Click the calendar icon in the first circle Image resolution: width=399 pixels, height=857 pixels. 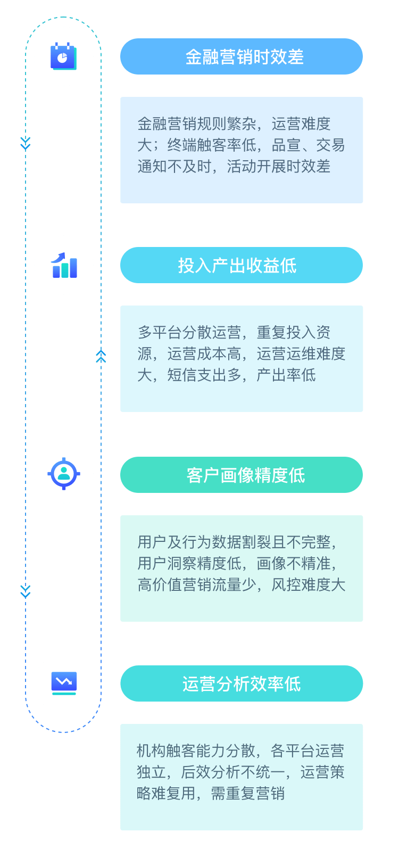(x=63, y=56)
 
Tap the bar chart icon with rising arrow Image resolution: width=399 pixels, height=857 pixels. (x=64, y=265)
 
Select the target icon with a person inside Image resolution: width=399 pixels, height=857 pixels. (x=64, y=473)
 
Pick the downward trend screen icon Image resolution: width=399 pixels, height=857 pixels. (x=64, y=683)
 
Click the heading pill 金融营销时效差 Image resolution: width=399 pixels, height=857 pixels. (x=242, y=56)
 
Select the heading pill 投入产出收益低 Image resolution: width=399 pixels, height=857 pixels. (x=242, y=265)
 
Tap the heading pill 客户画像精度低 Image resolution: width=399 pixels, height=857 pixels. (x=242, y=475)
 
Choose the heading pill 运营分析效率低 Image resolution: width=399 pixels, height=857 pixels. (x=242, y=683)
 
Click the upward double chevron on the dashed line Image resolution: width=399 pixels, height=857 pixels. (x=101, y=356)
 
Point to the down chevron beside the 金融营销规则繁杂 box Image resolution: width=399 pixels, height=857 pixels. (x=26, y=143)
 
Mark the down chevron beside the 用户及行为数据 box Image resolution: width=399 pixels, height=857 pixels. (x=26, y=591)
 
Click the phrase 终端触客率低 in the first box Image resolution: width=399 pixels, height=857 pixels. (x=212, y=145)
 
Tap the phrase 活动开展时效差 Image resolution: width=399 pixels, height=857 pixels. (x=279, y=167)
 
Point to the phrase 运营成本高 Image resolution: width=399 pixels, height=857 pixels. (x=204, y=354)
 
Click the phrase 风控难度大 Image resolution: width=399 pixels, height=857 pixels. (x=309, y=585)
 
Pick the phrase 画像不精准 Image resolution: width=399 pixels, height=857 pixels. (x=294, y=564)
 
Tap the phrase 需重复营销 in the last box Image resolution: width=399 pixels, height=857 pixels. (x=248, y=794)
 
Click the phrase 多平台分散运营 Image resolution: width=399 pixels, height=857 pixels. (x=189, y=333)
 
